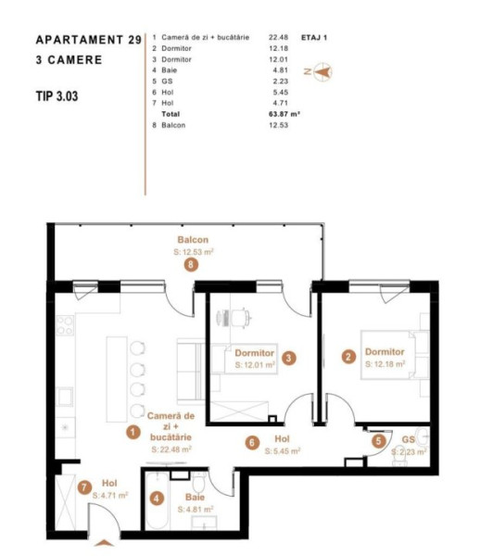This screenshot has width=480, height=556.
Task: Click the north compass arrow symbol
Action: [322, 72]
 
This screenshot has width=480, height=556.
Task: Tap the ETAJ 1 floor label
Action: [314, 38]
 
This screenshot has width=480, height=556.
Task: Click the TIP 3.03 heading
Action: [57, 96]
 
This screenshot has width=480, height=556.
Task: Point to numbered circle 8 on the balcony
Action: [191, 264]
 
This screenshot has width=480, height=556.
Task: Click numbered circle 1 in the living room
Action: [133, 432]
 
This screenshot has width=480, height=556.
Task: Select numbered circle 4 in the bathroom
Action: [157, 499]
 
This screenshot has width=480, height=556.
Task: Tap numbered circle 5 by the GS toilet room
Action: [379, 441]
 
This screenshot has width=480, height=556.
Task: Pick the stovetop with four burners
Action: [65, 325]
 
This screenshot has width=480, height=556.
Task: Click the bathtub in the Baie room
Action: [158, 500]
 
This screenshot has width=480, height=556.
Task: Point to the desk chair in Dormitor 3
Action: [241, 317]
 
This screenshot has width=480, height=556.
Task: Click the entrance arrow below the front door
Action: [104, 543]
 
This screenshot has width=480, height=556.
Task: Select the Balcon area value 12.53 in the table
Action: [278, 125]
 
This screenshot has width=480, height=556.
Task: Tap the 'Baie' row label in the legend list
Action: [169, 70]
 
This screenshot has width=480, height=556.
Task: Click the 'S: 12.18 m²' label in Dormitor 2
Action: [385, 364]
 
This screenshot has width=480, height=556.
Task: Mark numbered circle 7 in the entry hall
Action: [84, 487]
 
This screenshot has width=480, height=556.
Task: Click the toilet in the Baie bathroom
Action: [199, 482]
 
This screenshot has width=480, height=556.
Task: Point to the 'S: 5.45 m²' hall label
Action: [283, 451]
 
